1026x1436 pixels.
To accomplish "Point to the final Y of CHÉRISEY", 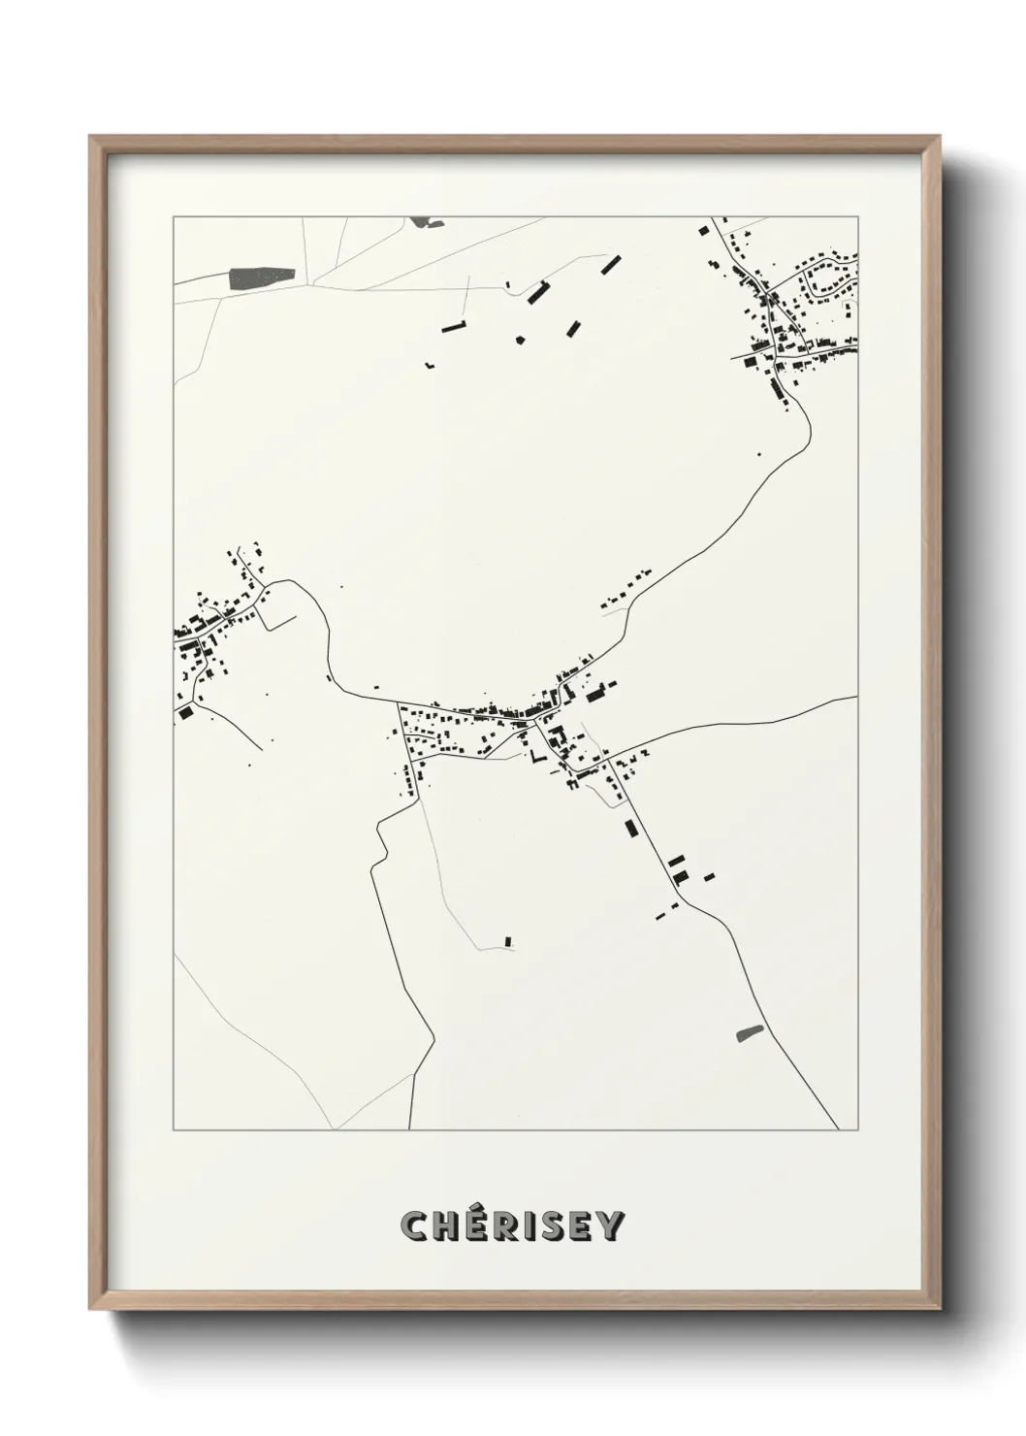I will point(610,1226).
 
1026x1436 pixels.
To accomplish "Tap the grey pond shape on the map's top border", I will point(422,222).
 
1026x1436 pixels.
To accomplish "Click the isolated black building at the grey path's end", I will point(507,940).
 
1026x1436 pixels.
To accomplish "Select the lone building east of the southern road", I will point(710,877).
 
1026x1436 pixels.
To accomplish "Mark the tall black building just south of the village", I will point(631,828).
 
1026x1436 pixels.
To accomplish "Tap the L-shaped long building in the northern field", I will point(455,326).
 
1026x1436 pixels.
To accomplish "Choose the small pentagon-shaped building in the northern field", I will point(521,340).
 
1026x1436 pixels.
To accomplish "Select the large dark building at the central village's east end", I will point(595,695).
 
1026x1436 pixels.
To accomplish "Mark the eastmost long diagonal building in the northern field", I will point(610,264).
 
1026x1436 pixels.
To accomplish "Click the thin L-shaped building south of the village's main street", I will point(534,753).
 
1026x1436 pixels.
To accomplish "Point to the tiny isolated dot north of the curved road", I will point(340,587).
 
